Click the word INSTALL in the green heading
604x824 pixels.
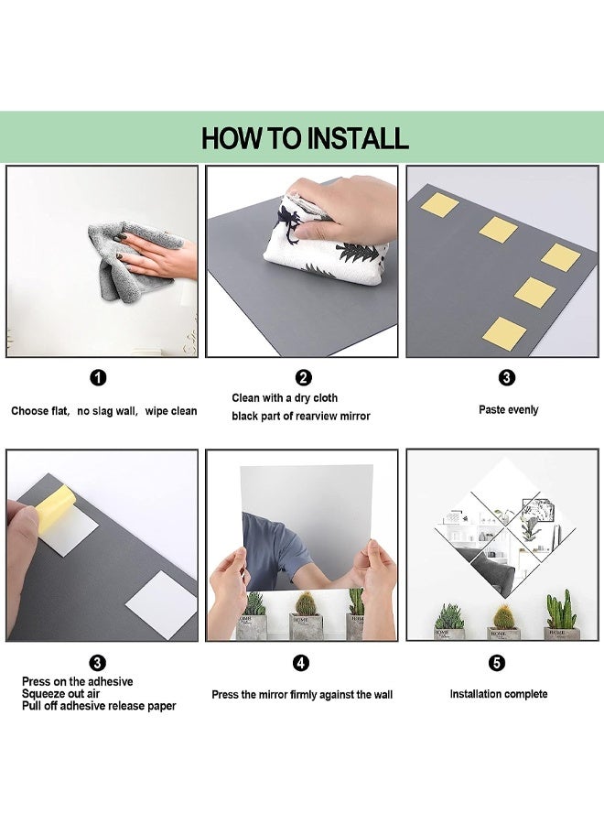[x=357, y=138]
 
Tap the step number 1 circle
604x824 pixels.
[x=98, y=377]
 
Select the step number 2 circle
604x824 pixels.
[x=304, y=377]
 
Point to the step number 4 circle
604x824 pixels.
[x=301, y=663]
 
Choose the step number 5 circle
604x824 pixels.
[x=497, y=663]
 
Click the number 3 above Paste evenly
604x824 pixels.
[x=506, y=377]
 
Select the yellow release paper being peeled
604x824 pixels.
[x=55, y=507]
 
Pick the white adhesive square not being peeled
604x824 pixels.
[x=161, y=605]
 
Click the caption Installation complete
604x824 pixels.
[x=499, y=694]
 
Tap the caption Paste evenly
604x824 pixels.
[x=509, y=410]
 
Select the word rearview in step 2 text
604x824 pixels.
[x=318, y=417]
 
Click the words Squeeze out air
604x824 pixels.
[x=61, y=694]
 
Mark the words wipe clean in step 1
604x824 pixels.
[x=171, y=411]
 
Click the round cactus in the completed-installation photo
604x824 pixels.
[x=503, y=616]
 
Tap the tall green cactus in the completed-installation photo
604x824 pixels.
[x=561, y=610]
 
